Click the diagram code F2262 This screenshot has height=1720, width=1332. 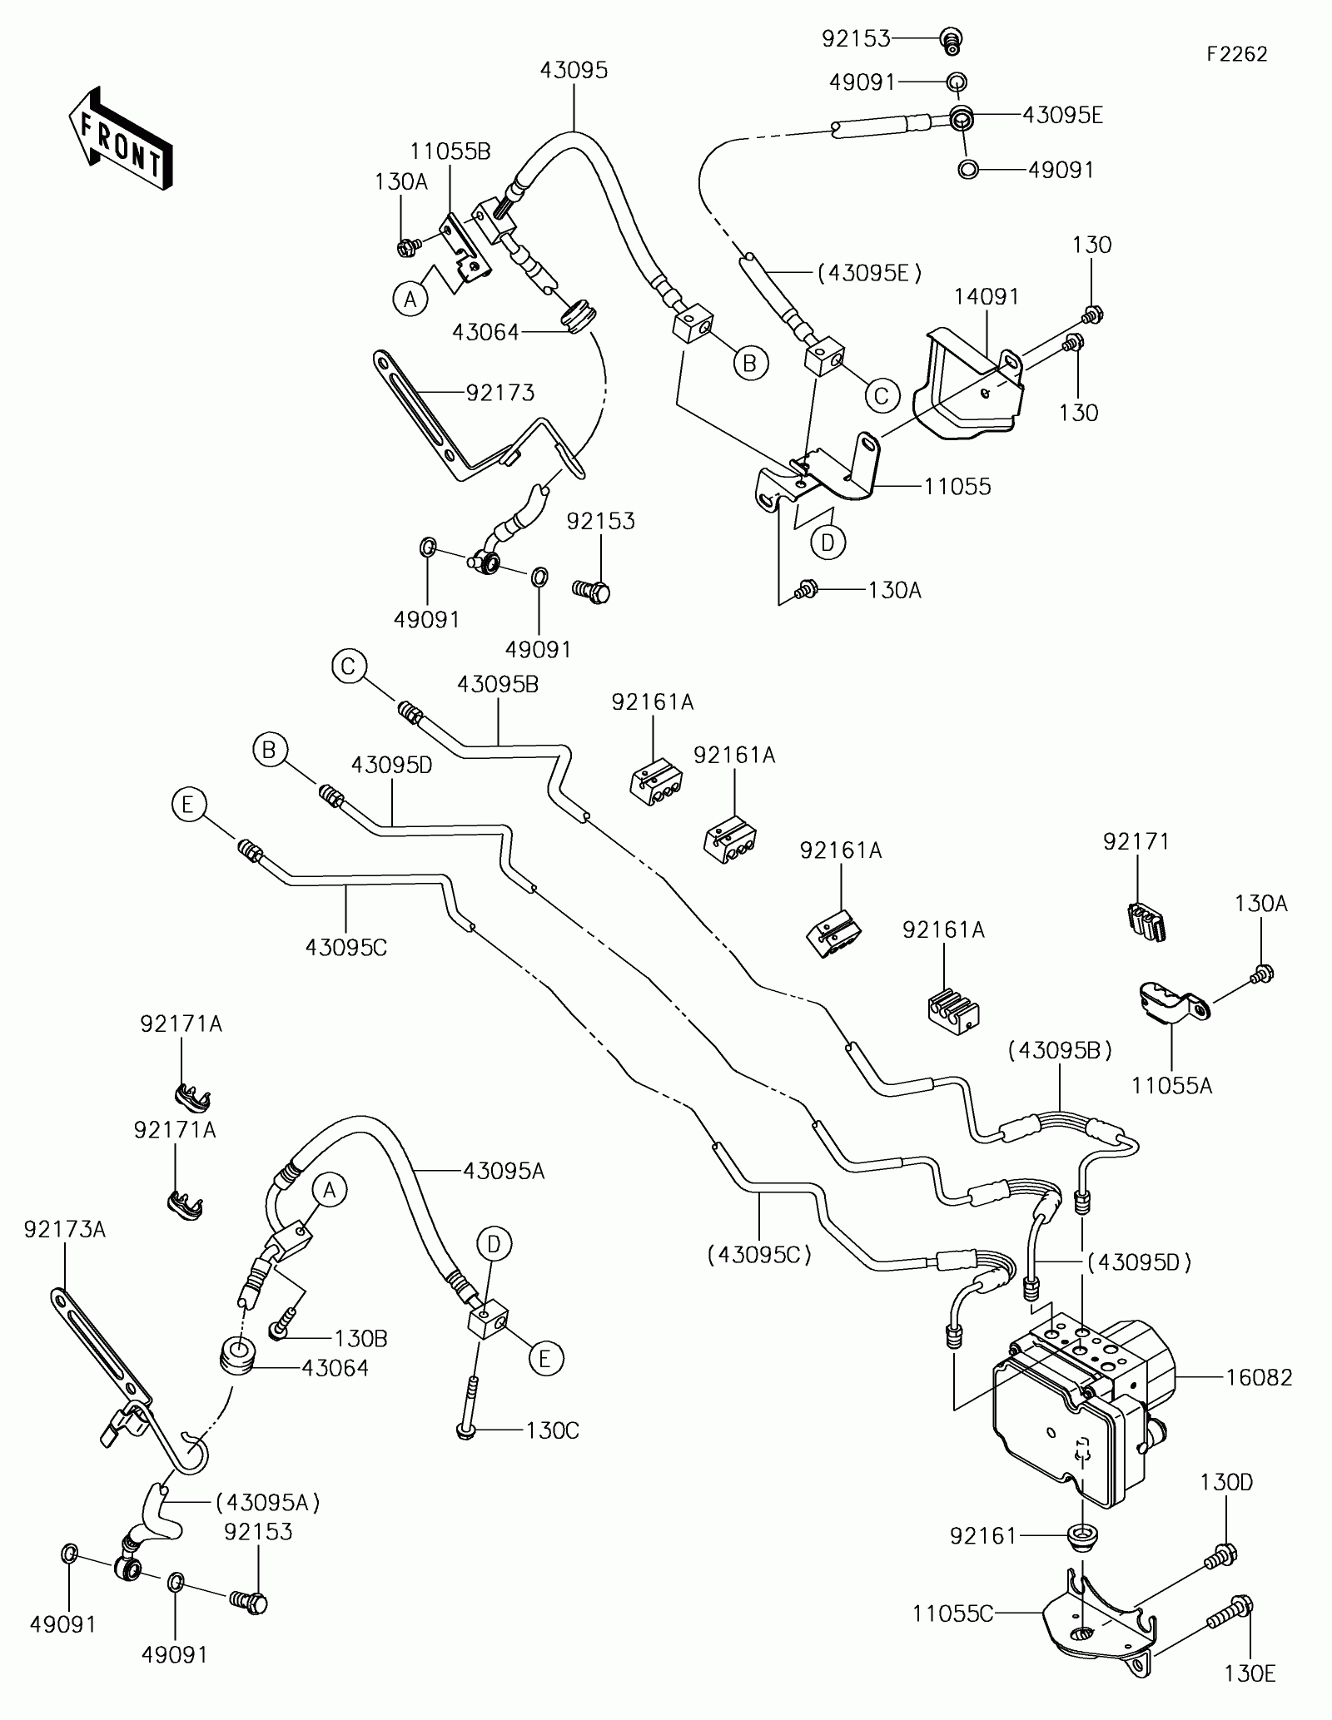(x=1238, y=54)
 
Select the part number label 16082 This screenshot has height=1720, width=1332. (x=1259, y=1378)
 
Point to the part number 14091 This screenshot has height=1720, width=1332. (x=987, y=296)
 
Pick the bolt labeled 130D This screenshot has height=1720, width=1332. (x=1221, y=1554)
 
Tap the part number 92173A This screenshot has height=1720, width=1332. (x=65, y=1229)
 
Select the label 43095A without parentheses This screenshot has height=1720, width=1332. (x=504, y=1171)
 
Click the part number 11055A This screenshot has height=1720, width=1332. (x=1172, y=1085)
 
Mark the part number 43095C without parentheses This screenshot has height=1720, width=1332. (x=346, y=947)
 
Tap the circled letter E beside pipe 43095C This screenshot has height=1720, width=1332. (x=187, y=805)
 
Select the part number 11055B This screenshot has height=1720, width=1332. (x=450, y=151)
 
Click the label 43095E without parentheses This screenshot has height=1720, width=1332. (x=1062, y=115)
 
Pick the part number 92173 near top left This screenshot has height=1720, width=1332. (x=499, y=392)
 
